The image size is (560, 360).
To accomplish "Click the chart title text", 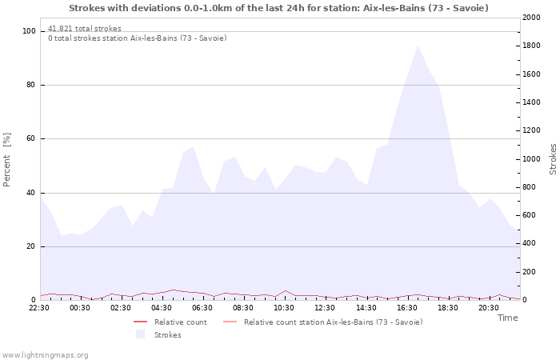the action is click(278, 8).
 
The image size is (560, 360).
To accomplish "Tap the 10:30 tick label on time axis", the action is click(284, 308).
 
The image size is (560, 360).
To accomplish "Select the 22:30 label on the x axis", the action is click(39, 308).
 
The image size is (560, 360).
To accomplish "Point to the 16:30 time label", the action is click(406, 308).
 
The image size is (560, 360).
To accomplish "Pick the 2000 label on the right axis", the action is click(531, 18).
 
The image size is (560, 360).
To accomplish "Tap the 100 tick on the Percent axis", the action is click(29, 31).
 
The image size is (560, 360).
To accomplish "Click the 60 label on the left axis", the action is click(31, 138).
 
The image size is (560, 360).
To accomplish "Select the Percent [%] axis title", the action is click(6, 160).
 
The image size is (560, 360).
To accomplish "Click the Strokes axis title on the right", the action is click(553, 159).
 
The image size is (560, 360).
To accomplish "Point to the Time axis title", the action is click(507, 318).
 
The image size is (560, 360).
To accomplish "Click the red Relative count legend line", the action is click(140, 322).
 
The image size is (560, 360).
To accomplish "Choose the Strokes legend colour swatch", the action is click(140, 334).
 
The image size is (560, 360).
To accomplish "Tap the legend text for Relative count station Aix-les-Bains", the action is click(334, 322).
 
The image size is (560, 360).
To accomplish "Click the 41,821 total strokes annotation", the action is click(85, 28).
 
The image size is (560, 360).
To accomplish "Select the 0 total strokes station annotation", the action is click(138, 38).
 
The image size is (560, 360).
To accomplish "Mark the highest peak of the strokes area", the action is click(417, 46).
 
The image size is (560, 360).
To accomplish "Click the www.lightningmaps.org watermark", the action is click(45, 355).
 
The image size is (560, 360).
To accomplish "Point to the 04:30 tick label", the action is click(162, 308).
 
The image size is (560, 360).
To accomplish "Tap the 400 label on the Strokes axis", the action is click(529, 243).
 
